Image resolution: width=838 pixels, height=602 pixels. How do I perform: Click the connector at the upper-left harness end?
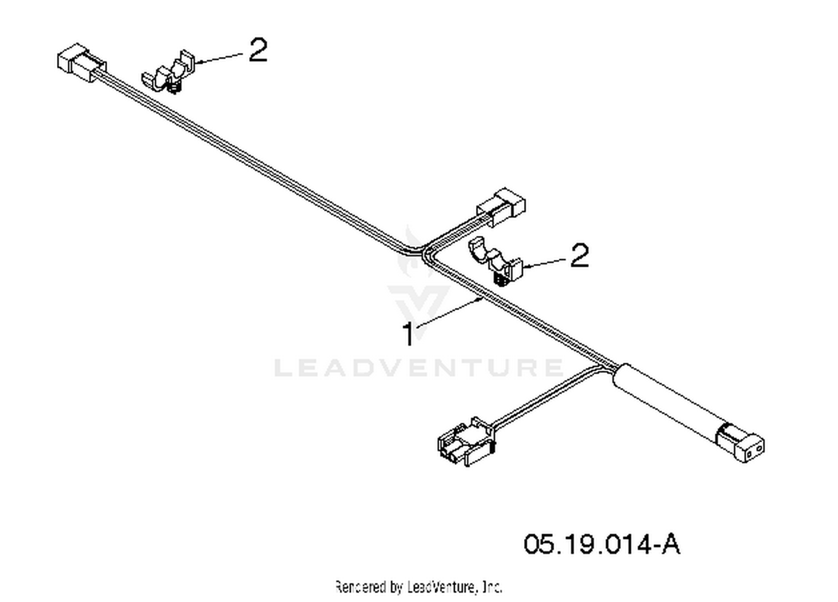[x=82, y=63]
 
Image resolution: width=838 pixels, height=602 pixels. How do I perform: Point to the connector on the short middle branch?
[x=501, y=207]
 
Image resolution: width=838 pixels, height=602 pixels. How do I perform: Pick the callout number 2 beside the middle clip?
[x=579, y=255]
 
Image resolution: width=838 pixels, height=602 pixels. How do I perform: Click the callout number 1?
[x=409, y=334]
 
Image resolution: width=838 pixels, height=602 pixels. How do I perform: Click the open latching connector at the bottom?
[x=467, y=442]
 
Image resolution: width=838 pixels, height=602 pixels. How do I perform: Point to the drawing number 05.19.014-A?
[x=602, y=544]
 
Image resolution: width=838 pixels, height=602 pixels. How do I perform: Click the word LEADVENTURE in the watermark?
[x=418, y=368]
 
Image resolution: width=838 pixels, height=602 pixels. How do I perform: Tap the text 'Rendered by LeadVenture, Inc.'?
[x=418, y=587]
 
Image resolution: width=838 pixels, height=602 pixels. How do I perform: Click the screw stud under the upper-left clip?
[x=173, y=88]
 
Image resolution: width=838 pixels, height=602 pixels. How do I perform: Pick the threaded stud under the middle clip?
[x=502, y=279]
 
